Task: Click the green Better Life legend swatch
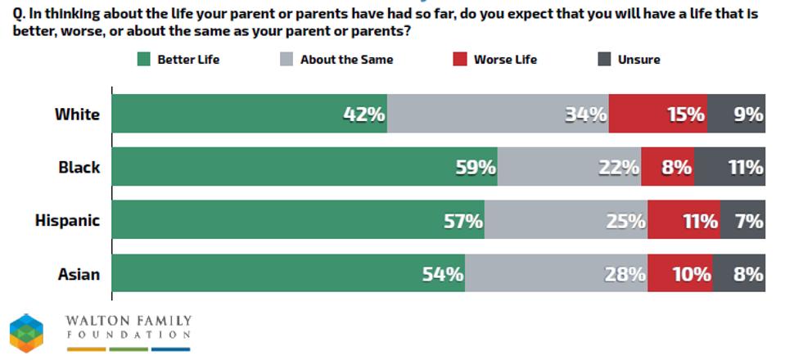pos(144,60)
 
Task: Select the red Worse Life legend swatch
pos(459,60)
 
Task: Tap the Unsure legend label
pos(638,60)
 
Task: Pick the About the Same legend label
pos(346,60)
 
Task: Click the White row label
pos(77,115)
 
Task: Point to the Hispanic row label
pos(67,221)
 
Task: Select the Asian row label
pos(79,274)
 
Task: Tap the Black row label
pos(79,168)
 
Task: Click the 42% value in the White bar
pos(363,115)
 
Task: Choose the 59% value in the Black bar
pos(476,168)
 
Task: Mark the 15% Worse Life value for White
pos(685,115)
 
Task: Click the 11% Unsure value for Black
pos(746,168)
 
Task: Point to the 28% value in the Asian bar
pos(625,274)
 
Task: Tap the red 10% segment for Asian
pos(679,274)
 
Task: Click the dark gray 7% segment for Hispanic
pos(743,221)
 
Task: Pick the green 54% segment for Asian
pos(286,274)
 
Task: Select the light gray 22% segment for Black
pos(569,168)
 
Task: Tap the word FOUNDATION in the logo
pos(129,335)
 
